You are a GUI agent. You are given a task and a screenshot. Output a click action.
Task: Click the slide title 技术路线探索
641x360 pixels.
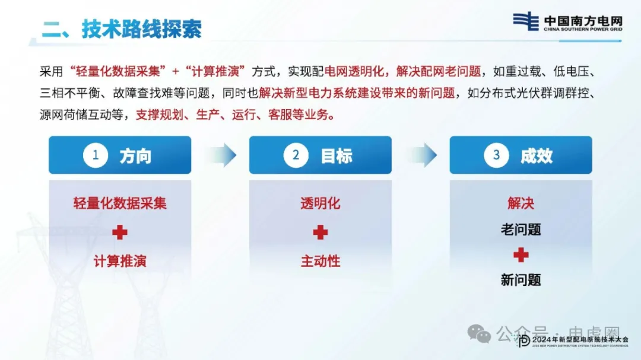click(x=141, y=29)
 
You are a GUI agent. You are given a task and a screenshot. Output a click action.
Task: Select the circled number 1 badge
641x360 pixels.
click(x=95, y=155)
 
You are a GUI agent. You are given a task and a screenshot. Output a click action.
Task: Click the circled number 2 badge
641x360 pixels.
click(x=296, y=155)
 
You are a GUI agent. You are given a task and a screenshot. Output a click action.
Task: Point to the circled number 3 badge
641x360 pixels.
click(x=496, y=155)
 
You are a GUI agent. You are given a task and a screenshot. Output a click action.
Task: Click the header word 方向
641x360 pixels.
click(x=135, y=156)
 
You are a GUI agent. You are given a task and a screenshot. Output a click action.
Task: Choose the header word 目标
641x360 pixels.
click(x=337, y=156)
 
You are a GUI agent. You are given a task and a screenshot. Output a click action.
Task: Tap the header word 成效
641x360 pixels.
click(x=537, y=156)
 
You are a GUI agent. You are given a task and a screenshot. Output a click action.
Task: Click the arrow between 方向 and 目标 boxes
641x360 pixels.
click(x=221, y=155)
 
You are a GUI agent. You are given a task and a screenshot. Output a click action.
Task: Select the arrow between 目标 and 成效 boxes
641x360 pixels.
click(x=422, y=155)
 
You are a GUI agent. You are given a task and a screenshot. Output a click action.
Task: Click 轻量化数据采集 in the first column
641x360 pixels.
click(x=120, y=203)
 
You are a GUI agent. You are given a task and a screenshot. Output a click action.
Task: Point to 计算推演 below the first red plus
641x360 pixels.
click(x=120, y=261)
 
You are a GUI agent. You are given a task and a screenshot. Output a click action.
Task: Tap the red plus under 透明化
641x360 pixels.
click(x=320, y=232)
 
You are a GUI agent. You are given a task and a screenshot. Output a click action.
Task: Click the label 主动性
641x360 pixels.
click(x=320, y=261)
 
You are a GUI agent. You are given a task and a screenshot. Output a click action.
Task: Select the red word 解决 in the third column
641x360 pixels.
click(x=521, y=203)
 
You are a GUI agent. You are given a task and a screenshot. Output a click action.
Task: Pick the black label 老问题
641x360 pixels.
click(x=521, y=230)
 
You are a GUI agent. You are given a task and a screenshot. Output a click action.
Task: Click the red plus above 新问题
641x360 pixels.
click(x=521, y=255)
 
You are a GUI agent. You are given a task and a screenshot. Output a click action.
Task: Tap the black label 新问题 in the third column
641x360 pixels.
click(x=521, y=281)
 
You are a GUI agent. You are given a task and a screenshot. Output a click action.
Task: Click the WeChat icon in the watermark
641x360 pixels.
click(x=479, y=334)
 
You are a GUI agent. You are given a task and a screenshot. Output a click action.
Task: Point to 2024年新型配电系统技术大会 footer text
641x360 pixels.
click(x=580, y=340)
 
